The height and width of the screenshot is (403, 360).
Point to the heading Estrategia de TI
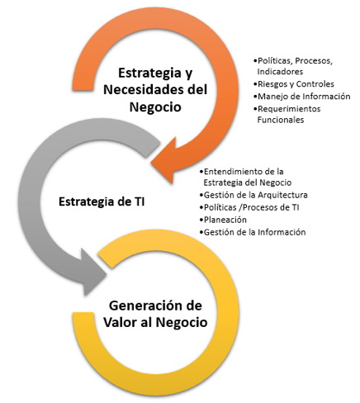pyautogui.click(x=102, y=201)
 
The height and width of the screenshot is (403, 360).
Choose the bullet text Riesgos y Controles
pyautogui.click(x=296, y=84)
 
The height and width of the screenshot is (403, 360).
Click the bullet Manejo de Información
pyautogui.click(x=304, y=97)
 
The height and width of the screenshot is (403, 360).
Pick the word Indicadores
pyautogui.click(x=280, y=72)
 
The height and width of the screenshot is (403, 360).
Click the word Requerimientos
pyautogui.click(x=289, y=109)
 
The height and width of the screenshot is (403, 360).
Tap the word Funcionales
pyautogui.click(x=281, y=120)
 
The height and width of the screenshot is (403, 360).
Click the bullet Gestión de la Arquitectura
pyautogui.click(x=256, y=195)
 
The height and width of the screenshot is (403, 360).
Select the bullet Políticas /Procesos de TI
pyautogui.click(x=251, y=207)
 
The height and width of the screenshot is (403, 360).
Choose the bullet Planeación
pyautogui.click(x=225, y=220)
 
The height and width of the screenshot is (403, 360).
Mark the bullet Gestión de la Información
pyautogui.click(x=254, y=232)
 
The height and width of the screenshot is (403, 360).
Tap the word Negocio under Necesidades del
pyautogui.click(x=155, y=107)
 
